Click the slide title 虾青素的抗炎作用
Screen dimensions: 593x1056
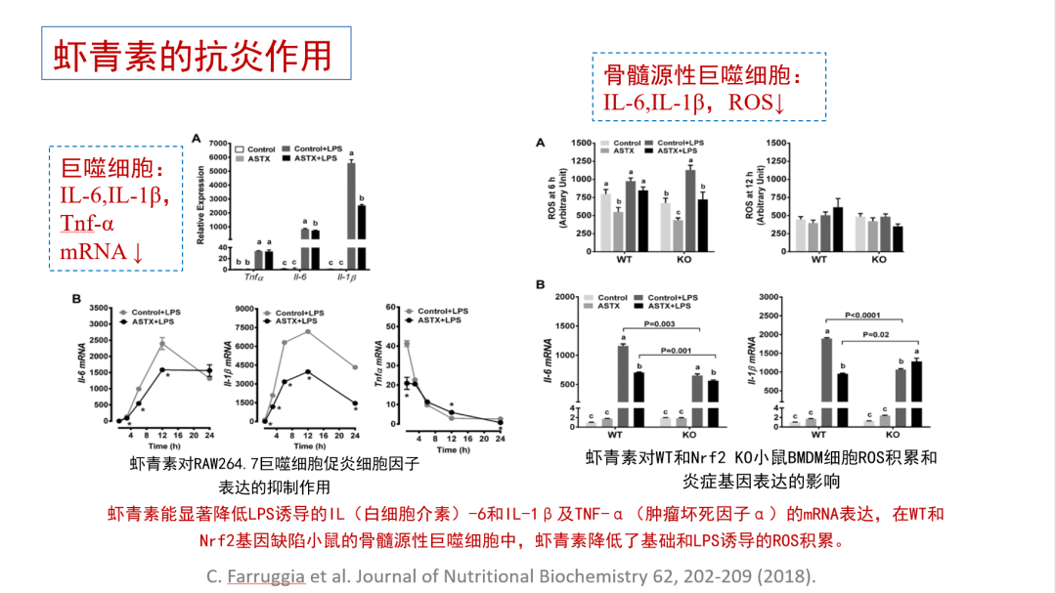(193, 55)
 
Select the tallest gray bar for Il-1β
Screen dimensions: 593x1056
(351, 210)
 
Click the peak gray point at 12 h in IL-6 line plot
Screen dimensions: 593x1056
(162, 344)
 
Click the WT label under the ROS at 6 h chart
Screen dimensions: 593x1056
(622, 260)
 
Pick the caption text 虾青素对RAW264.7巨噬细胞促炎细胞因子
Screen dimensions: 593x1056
(275, 465)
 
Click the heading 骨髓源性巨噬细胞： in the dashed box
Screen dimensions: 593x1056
(703, 75)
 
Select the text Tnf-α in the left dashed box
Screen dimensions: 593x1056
(87, 224)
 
